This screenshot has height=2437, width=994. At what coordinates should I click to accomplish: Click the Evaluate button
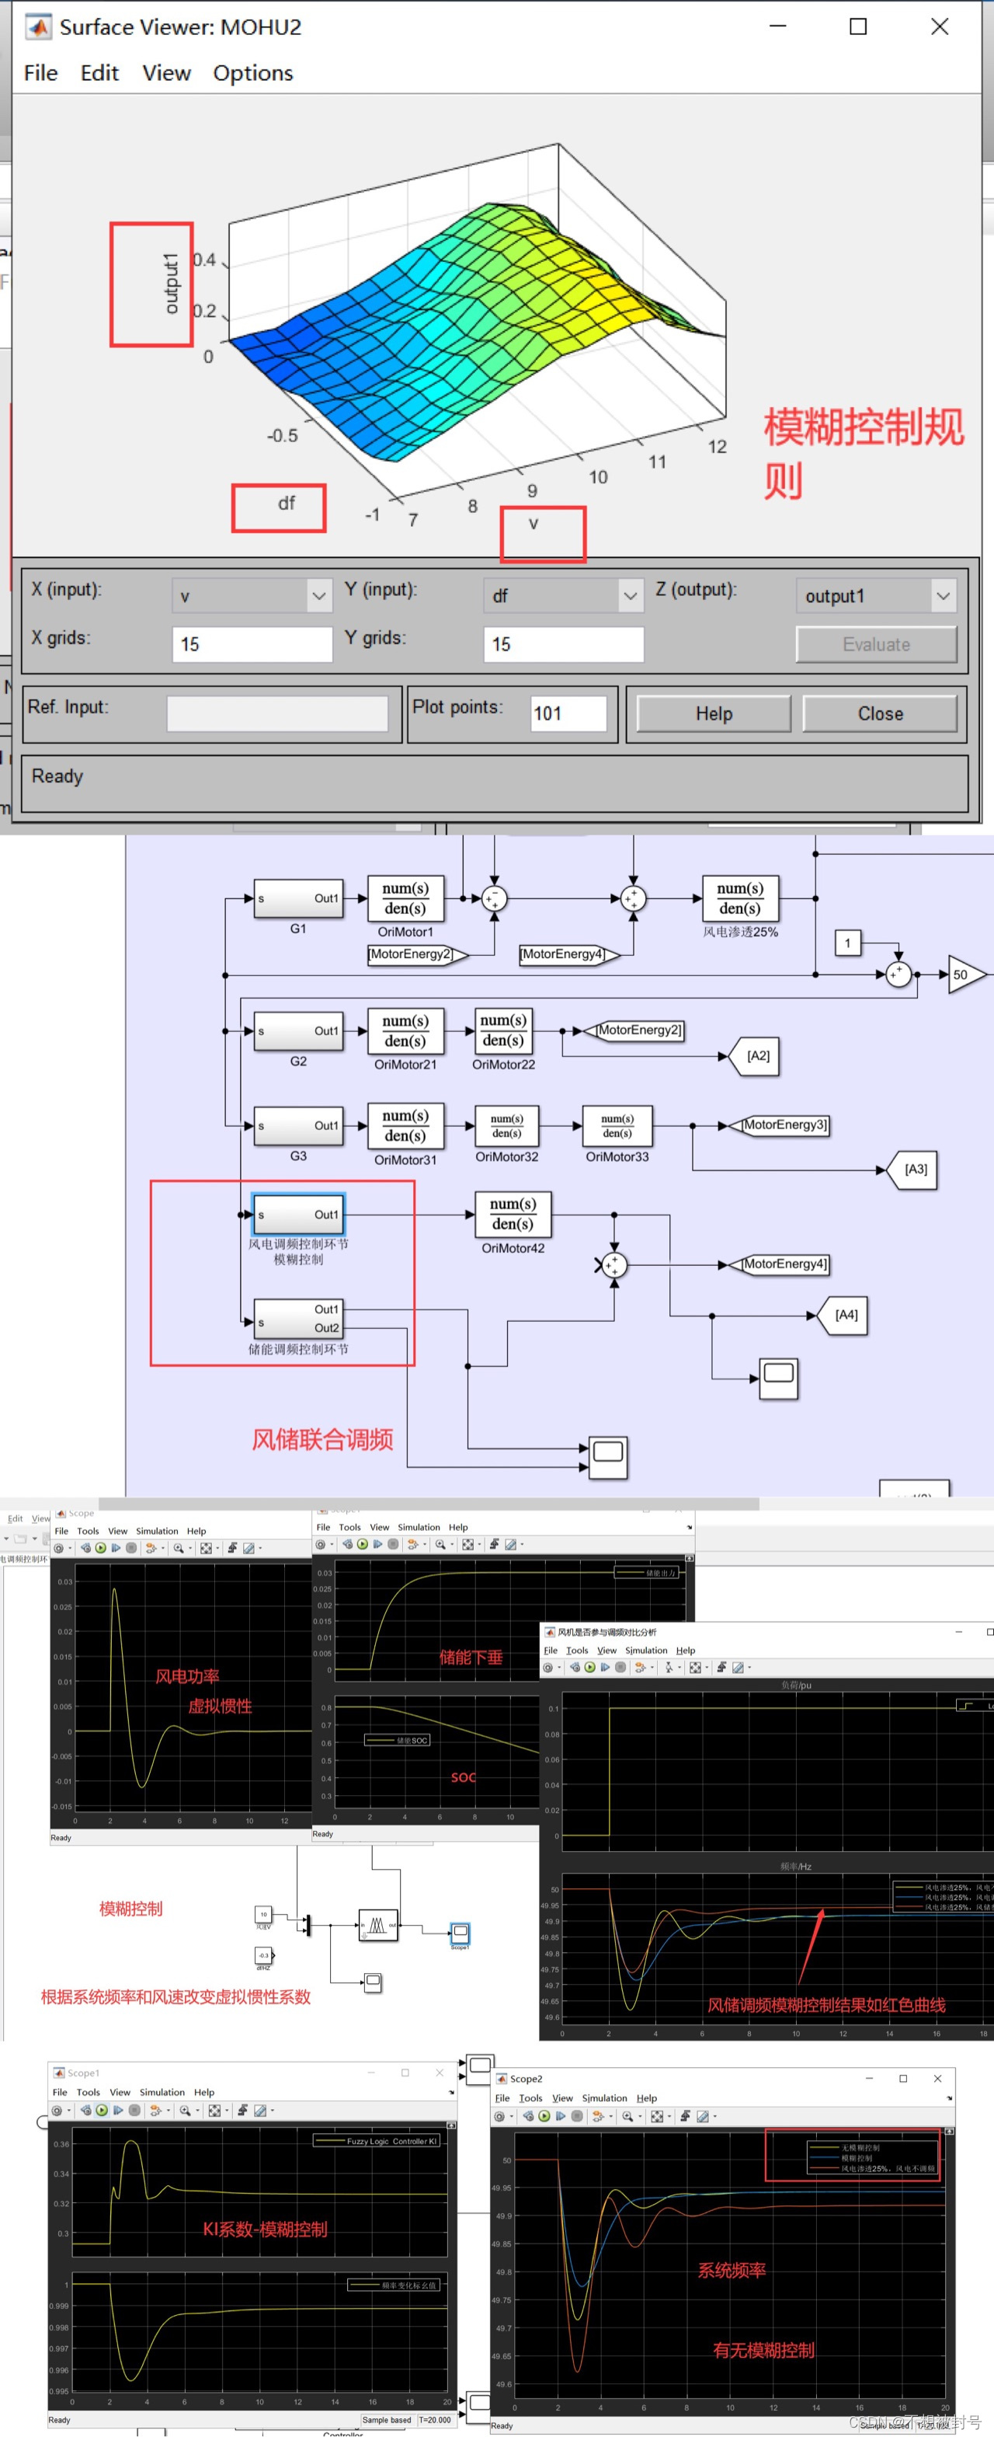pyautogui.click(x=876, y=644)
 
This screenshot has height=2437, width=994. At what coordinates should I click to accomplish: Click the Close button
pyautogui.click(x=880, y=713)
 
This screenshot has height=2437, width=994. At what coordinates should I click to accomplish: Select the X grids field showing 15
pyautogui.click(x=252, y=644)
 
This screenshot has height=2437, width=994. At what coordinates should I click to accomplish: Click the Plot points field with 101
pyautogui.click(x=568, y=713)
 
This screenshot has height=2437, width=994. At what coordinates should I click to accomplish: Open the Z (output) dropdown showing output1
pyautogui.click(x=876, y=596)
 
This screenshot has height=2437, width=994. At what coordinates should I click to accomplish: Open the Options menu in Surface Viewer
pyautogui.click(x=252, y=73)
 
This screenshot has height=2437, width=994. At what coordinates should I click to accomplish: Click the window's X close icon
pyautogui.click(x=939, y=26)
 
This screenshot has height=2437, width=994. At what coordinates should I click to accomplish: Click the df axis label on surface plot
pyautogui.click(x=286, y=504)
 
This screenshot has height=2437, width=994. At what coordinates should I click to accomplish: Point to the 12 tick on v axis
pyautogui.click(x=717, y=447)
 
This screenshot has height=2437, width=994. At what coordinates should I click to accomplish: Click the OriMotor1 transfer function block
pyautogui.click(x=405, y=899)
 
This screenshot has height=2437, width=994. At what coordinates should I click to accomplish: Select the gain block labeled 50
pyautogui.click(x=964, y=974)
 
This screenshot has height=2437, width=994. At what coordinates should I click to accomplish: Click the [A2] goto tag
pyautogui.click(x=758, y=1056)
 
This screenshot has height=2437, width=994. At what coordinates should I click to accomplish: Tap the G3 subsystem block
pyautogui.click(x=298, y=1126)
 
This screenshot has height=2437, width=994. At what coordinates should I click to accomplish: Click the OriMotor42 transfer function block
pyautogui.click(x=513, y=1214)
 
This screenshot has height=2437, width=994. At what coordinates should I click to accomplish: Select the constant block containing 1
pyautogui.click(x=847, y=943)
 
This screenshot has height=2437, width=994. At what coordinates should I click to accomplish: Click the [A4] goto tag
pyautogui.click(x=846, y=1315)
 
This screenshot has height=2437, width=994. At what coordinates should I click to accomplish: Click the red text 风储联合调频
pyautogui.click(x=321, y=1440)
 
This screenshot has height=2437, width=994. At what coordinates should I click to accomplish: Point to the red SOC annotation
pyautogui.click(x=464, y=1776)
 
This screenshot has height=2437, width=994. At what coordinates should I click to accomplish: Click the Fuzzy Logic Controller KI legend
pyautogui.click(x=378, y=2140)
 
